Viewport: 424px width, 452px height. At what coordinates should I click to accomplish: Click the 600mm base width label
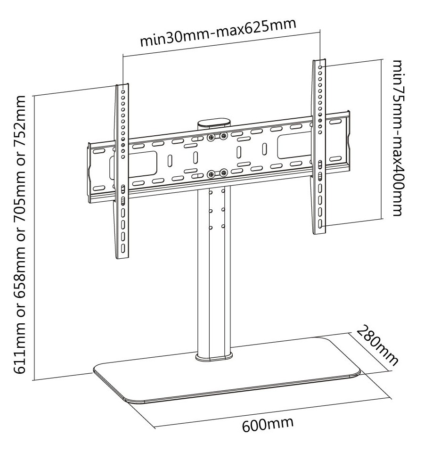[x=268, y=424]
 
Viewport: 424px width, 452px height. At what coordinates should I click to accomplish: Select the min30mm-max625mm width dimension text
[x=218, y=32]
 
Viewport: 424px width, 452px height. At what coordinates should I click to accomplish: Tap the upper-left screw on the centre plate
[x=212, y=138]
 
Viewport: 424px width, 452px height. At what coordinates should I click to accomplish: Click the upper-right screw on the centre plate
[x=223, y=135]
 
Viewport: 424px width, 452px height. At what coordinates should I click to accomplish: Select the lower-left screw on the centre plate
[x=212, y=174]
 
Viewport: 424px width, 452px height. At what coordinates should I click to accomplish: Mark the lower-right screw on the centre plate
[x=223, y=173]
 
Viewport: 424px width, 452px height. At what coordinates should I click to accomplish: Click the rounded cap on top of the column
[x=214, y=122]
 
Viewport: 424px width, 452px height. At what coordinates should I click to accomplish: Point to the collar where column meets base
[x=214, y=357]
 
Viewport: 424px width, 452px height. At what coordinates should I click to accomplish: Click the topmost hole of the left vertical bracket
[x=123, y=91]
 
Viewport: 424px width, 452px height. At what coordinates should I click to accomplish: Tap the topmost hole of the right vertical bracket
[x=320, y=67]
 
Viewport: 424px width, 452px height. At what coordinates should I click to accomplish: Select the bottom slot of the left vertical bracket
[x=123, y=248]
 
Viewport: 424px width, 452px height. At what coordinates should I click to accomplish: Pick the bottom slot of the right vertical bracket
[x=320, y=224]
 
